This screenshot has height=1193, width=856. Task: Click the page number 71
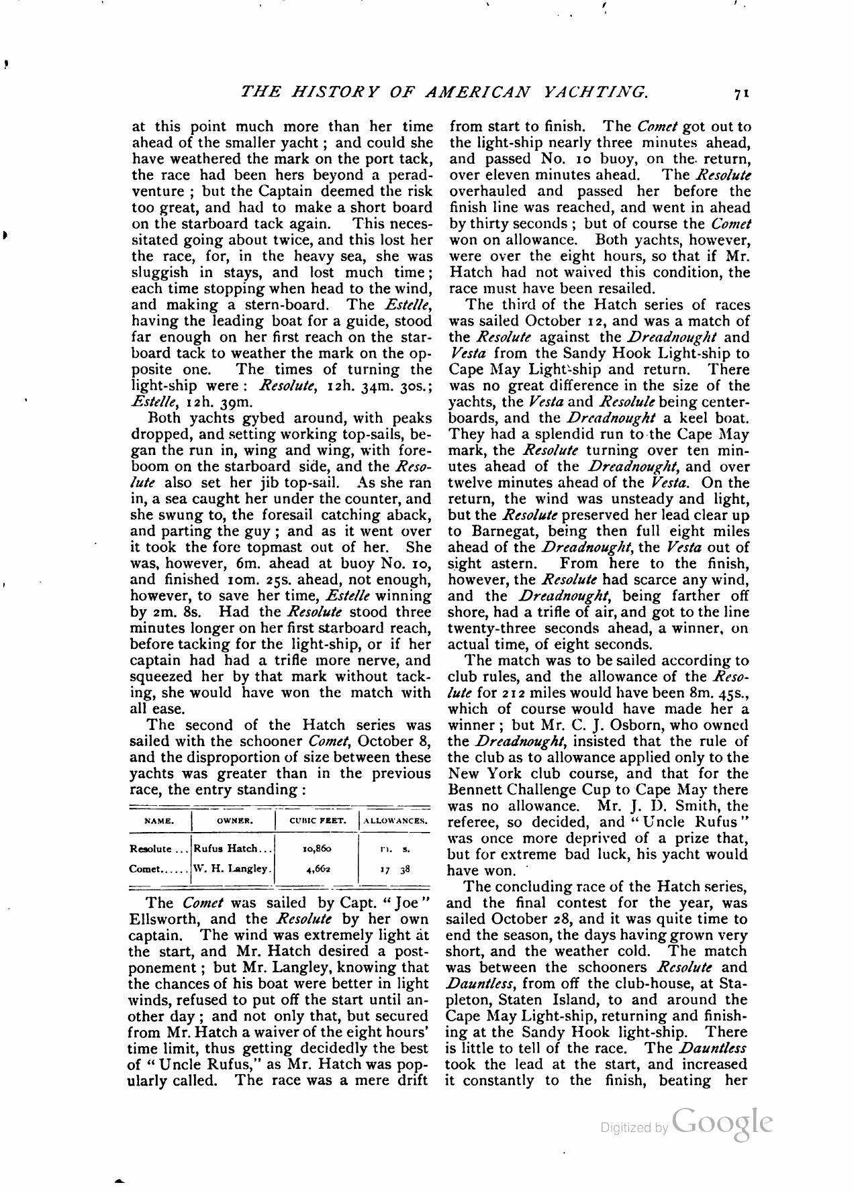pyautogui.click(x=741, y=93)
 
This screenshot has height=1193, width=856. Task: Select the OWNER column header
pyautogui.click(x=234, y=821)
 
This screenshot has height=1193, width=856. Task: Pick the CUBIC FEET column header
pyautogui.click(x=318, y=821)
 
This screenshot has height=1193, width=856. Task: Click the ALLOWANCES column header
pyautogui.click(x=395, y=821)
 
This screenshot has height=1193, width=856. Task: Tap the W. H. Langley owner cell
pyautogui.click(x=233, y=868)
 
